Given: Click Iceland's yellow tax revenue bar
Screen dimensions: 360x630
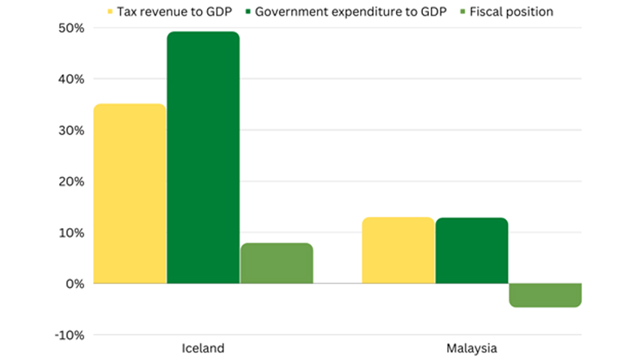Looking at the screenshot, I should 129,193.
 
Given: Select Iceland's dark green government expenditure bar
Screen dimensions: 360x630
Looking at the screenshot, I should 202,157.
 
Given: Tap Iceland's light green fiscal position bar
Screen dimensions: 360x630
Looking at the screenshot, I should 276,263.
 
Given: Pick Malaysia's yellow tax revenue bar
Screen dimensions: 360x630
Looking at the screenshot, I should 398,250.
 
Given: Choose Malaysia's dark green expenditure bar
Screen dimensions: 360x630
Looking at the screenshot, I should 471,250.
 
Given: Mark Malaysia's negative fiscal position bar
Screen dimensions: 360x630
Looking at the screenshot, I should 544,295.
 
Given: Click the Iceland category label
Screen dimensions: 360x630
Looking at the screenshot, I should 202,349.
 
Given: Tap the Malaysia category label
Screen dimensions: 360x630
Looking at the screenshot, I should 471,349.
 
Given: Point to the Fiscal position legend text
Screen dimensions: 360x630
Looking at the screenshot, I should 511,11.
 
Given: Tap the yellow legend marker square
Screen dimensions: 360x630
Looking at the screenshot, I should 110,12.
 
